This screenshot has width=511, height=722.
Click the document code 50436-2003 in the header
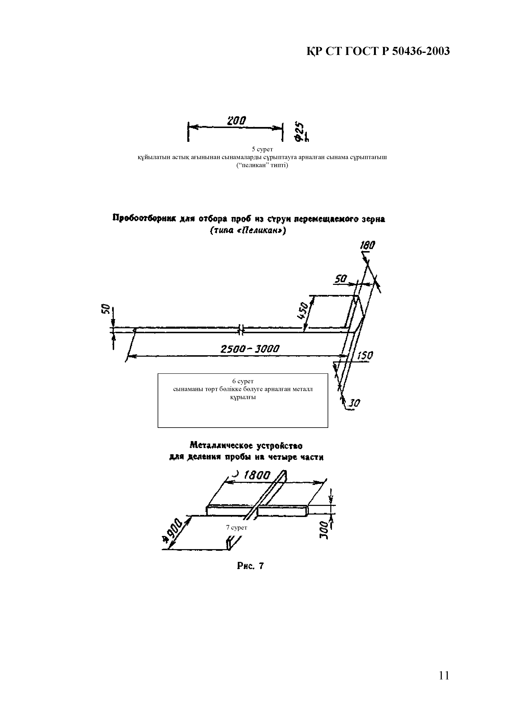tap(421, 51)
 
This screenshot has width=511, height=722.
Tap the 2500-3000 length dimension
tap(250, 349)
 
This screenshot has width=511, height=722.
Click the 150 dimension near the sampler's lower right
tap(365, 356)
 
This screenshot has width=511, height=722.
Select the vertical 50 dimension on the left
tap(105, 309)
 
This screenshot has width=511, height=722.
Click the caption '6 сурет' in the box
tap(243, 381)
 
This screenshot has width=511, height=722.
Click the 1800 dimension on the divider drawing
tap(257, 475)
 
